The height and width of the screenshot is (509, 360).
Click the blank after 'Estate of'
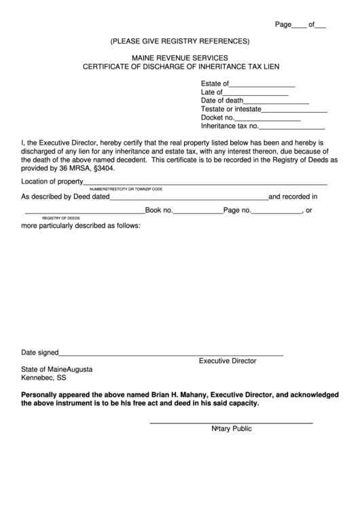[x=262, y=85]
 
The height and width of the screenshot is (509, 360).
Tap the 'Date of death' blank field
[x=276, y=101]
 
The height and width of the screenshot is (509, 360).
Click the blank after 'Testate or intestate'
[x=294, y=109]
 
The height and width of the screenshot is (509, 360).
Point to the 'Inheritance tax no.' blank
[x=292, y=126]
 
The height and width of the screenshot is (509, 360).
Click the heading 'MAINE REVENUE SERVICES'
[x=180, y=58]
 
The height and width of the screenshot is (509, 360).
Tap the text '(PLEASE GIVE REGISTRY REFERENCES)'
[x=180, y=41]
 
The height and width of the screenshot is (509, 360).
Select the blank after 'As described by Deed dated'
[x=189, y=198]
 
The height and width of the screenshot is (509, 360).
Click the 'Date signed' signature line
[x=171, y=353]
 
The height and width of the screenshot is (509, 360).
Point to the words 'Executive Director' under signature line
[x=227, y=362]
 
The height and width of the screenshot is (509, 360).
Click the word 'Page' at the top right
[x=283, y=24]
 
